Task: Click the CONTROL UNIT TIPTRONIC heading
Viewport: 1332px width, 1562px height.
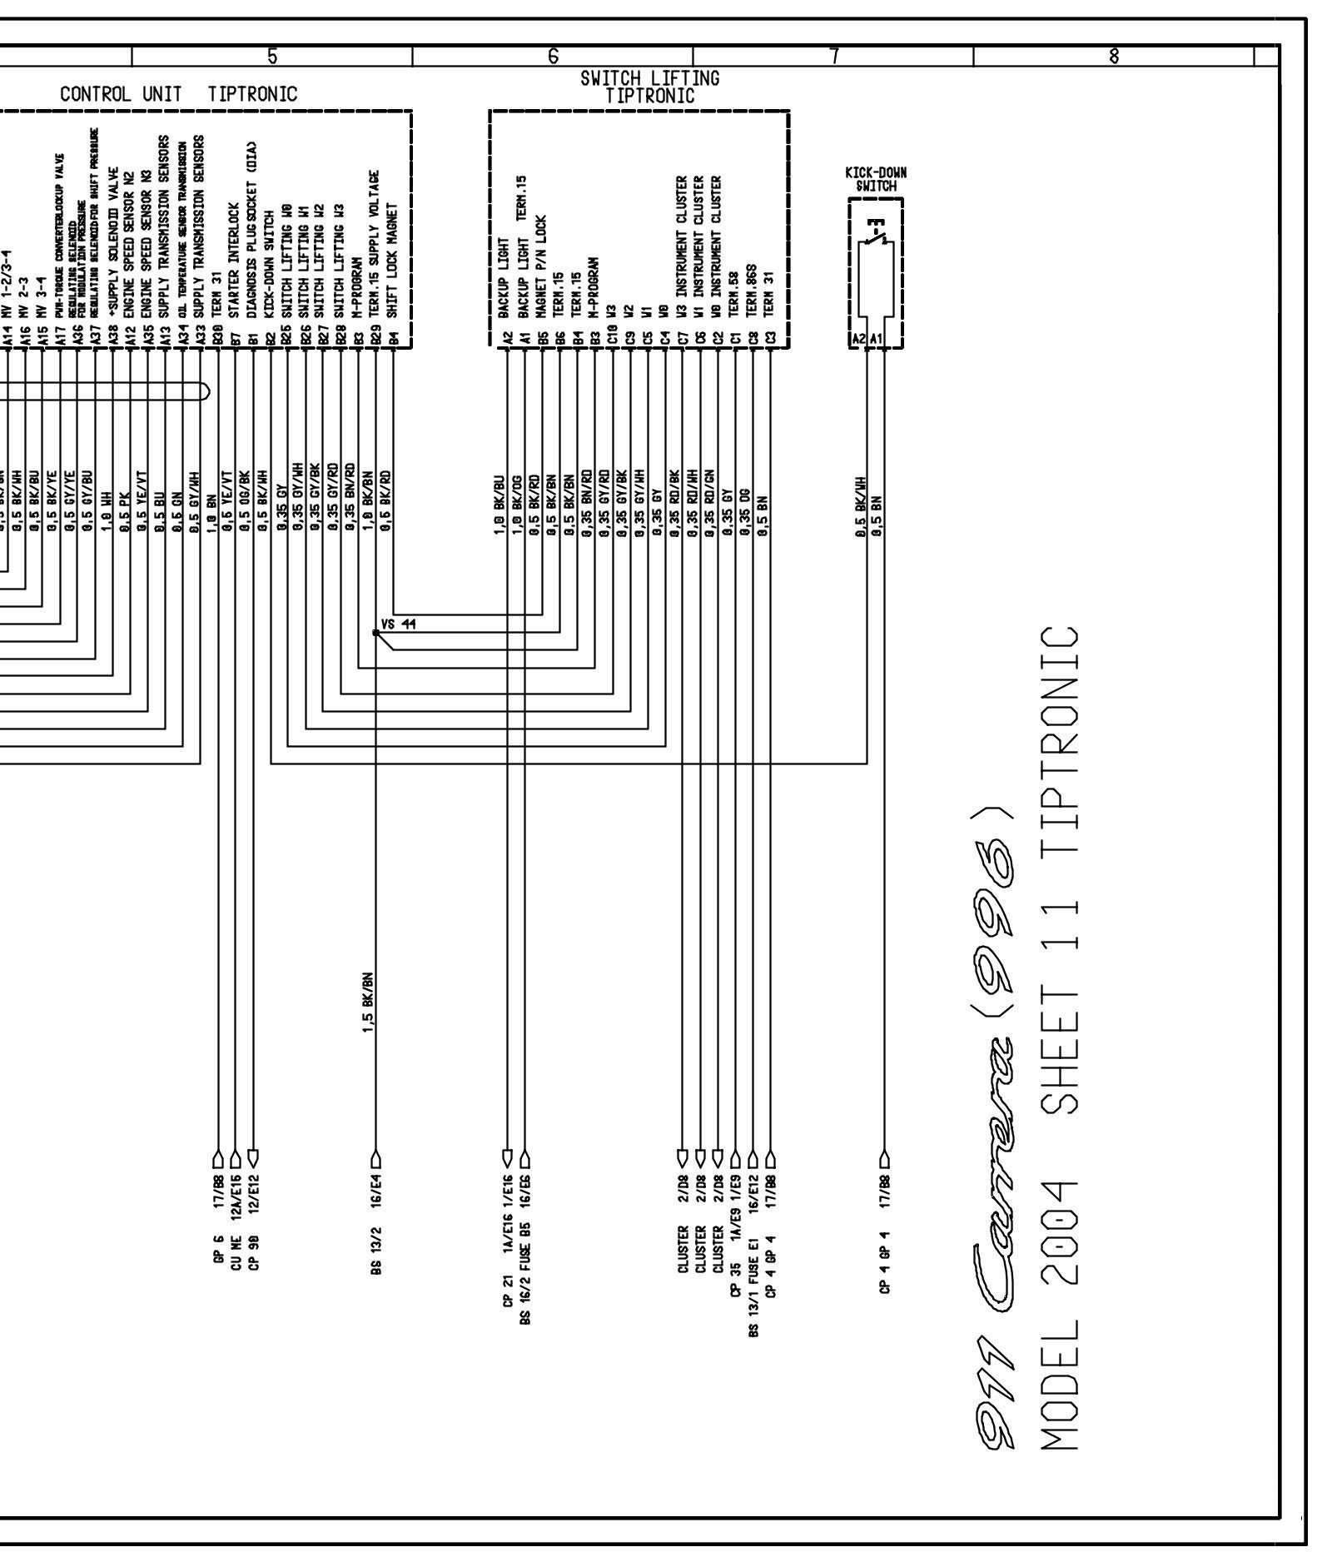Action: click(178, 93)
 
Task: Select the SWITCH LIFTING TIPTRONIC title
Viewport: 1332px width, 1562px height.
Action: click(650, 87)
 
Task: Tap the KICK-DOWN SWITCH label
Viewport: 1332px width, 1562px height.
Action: click(876, 179)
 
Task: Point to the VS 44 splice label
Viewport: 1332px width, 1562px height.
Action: click(398, 624)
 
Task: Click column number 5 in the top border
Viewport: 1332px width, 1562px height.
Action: click(272, 57)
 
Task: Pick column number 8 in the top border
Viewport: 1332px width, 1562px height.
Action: click(1114, 57)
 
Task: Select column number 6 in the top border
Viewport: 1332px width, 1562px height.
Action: click(553, 57)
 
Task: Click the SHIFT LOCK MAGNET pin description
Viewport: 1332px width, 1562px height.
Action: click(395, 258)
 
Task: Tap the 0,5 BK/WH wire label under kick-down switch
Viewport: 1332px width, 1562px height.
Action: click(862, 507)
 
